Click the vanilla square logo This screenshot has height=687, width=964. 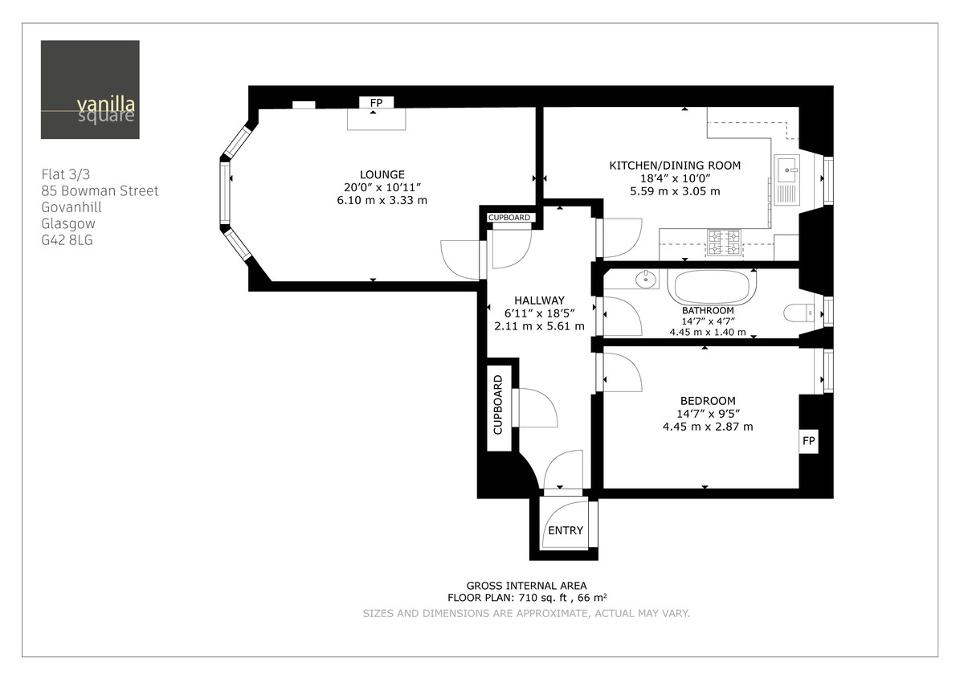[x=90, y=89]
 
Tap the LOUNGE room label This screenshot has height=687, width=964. [x=382, y=174]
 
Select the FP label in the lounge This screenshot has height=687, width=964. [x=375, y=103]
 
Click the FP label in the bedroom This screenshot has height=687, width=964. [x=809, y=441]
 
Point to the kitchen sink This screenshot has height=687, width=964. [x=786, y=168]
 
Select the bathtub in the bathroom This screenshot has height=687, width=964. [x=712, y=286]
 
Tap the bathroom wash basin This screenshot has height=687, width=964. [x=646, y=280]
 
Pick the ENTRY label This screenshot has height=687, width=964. [x=566, y=530]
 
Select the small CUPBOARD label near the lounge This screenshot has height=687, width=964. [x=509, y=218]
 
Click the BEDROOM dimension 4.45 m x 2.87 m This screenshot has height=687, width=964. [x=707, y=427]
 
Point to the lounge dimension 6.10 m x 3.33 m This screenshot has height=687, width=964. [x=382, y=200]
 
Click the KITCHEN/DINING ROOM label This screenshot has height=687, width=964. [x=675, y=166]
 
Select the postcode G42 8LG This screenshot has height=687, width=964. [x=67, y=239]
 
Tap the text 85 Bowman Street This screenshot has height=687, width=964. [x=100, y=191]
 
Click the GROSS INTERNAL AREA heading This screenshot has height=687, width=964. [x=526, y=586]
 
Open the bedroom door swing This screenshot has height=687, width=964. [x=619, y=372]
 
